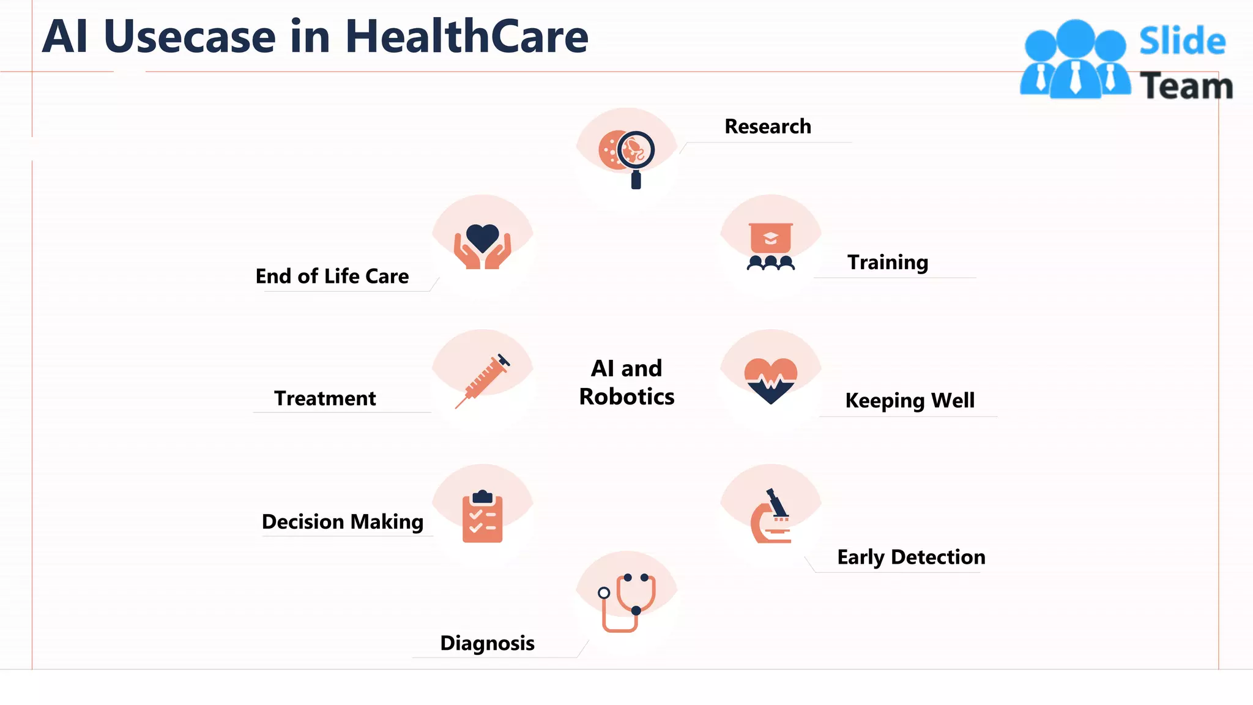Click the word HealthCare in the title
(x=466, y=37)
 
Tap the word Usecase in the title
(x=190, y=37)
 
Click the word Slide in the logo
(x=1182, y=42)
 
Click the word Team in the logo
(x=1186, y=86)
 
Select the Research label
(x=768, y=126)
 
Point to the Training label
(x=887, y=262)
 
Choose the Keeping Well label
(x=910, y=400)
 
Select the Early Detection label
(x=911, y=557)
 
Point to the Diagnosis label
(x=487, y=643)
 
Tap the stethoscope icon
(x=628, y=602)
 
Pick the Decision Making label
(x=343, y=521)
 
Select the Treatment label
(x=325, y=398)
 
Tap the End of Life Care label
(x=332, y=276)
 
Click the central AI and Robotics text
(x=626, y=382)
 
